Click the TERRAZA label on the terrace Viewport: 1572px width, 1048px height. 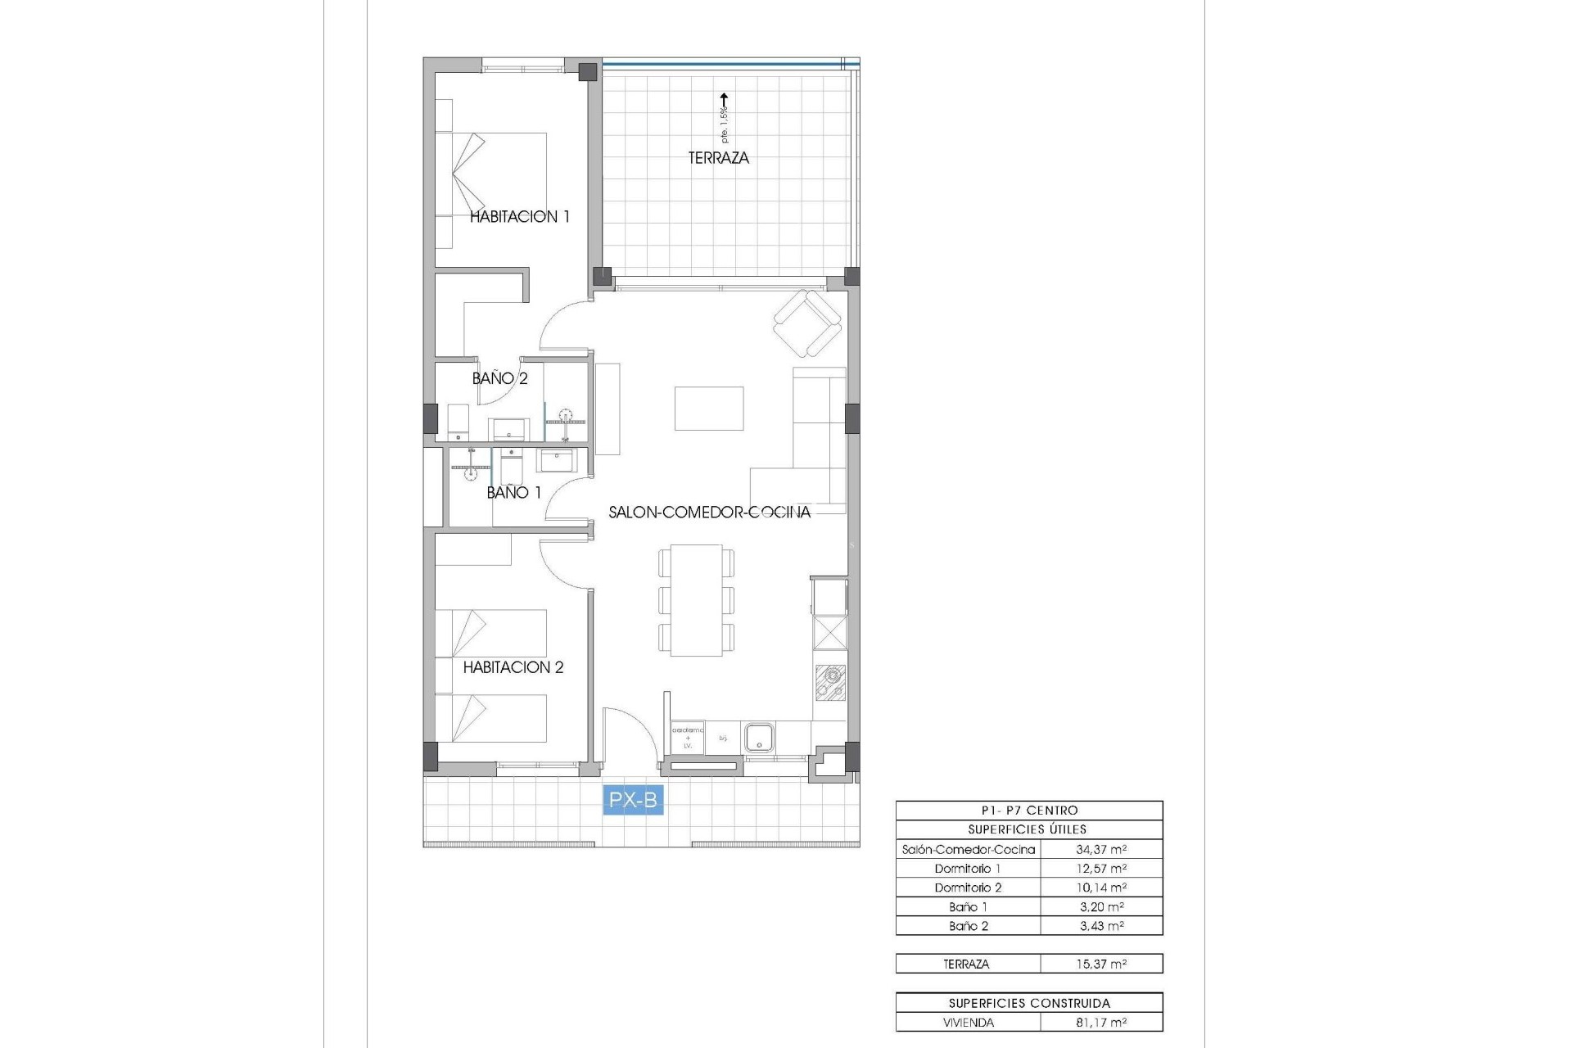(x=718, y=158)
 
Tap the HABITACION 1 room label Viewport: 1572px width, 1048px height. (x=519, y=217)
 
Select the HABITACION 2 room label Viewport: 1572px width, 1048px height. (x=513, y=667)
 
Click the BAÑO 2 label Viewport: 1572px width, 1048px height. (x=499, y=378)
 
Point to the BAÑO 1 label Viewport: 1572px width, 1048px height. (x=513, y=493)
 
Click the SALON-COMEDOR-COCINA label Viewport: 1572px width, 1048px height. (x=709, y=513)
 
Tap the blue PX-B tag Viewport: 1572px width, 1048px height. (x=633, y=799)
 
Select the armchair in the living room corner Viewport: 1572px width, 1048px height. (x=808, y=324)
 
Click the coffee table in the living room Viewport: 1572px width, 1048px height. (x=709, y=409)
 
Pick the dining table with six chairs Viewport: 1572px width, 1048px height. (x=696, y=600)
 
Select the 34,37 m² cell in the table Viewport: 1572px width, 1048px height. (x=1101, y=850)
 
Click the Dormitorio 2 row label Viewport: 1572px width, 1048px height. (x=968, y=888)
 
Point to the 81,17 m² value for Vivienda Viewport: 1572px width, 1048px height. (x=1101, y=1023)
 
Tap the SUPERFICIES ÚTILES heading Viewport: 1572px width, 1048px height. (x=1028, y=829)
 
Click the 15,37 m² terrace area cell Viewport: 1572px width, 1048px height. (x=1101, y=964)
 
